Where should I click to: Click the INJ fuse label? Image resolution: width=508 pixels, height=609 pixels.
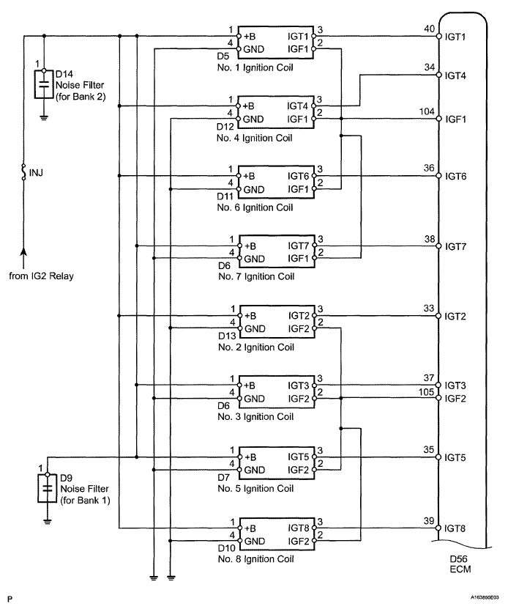pyautogui.click(x=36, y=173)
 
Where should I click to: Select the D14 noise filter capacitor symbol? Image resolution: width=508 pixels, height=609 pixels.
pyautogui.click(x=44, y=84)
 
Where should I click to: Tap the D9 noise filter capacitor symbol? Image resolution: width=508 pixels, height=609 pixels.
pyautogui.click(x=48, y=488)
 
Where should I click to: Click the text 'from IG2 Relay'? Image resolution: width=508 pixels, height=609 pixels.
pyautogui.click(x=41, y=276)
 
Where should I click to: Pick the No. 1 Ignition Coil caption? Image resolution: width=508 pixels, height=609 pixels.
pyautogui.click(x=255, y=67)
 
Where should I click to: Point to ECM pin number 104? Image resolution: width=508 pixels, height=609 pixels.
pyautogui.click(x=427, y=112)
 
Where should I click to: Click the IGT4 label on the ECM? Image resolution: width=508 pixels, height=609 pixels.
pyautogui.click(x=455, y=75)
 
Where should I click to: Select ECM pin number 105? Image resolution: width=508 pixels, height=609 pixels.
pyautogui.click(x=426, y=392)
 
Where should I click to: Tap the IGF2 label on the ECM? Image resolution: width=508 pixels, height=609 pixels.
pyautogui.click(x=455, y=399)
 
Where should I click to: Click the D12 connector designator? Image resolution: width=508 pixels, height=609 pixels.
pyautogui.click(x=225, y=127)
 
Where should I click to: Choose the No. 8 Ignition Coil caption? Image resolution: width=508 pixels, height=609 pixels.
pyautogui.click(x=255, y=559)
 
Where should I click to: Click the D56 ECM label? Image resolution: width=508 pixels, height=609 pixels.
pyautogui.click(x=460, y=564)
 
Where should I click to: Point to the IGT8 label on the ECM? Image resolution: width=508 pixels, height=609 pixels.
pyautogui.click(x=455, y=528)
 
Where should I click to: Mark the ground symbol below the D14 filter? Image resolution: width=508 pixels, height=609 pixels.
pyautogui.click(x=44, y=117)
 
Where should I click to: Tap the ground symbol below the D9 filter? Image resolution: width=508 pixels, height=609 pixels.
pyautogui.click(x=48, y=522)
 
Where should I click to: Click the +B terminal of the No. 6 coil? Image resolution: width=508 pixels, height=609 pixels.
pyautogui.click(x=249, y=176)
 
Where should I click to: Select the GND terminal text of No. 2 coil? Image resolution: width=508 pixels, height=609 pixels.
pyautogui.click(x=255, y=329)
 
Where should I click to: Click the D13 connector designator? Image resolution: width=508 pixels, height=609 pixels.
pyautogui.click(x=227, y=336)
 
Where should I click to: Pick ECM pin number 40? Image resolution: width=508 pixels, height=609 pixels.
pyautogui.click(x=429, y=29)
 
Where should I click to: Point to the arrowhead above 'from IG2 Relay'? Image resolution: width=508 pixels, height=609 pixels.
pyautogui.click(x=23, y=251)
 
